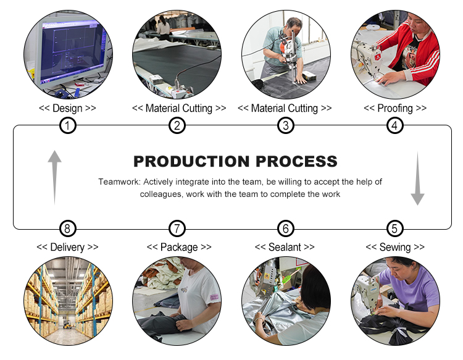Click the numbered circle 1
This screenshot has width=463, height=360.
click(68, 125)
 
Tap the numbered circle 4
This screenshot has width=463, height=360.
click(395, 125)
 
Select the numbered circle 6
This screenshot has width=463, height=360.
click(286, 228)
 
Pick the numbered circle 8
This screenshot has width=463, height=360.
click(68, 228)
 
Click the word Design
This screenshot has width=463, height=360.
click(67, 109)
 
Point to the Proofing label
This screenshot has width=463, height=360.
click(395, 109)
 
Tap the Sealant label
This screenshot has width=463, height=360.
click(285, 247)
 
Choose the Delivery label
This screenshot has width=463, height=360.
click(67, 247)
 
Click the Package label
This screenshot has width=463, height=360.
click(179, 247)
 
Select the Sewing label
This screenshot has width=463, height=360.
click(395, 247)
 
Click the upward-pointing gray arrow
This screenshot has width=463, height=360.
click(54, 177)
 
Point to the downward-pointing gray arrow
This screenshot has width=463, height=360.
click(417, 178)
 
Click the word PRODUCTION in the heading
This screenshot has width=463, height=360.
click(191, 161)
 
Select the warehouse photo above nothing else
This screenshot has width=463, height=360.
click(68, 301)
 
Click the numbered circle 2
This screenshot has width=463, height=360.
click(177, 125)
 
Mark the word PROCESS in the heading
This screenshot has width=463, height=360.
click(296, 161)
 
